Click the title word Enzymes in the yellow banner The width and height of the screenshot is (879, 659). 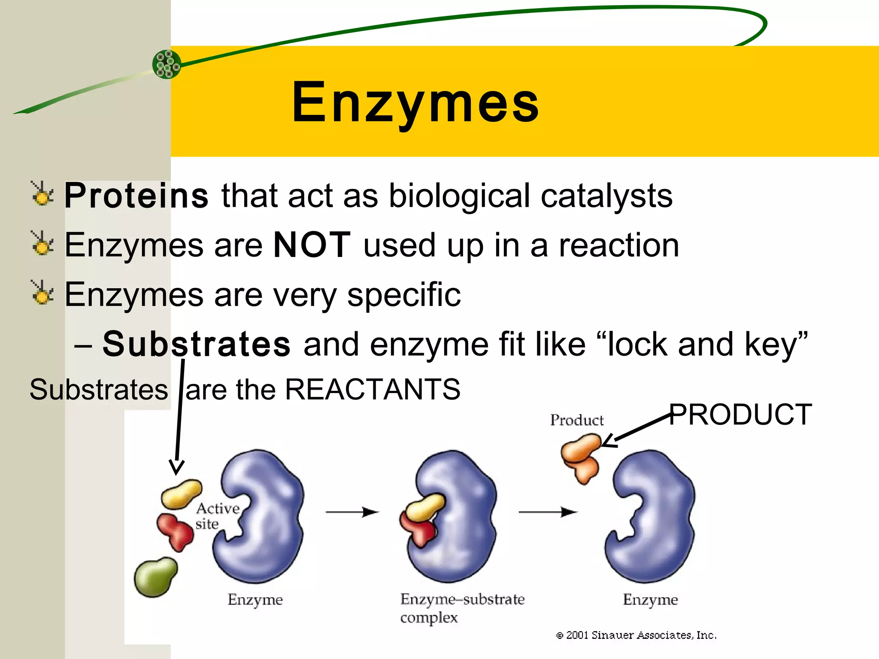pos(415,103)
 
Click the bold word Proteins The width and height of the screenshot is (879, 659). pos(136,196)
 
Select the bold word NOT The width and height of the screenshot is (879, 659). pos(312,245)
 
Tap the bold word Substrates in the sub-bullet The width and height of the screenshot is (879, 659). pos(197,344)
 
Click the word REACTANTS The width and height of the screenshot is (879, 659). pos(373,390)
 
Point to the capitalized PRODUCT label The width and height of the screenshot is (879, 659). pos(740,414)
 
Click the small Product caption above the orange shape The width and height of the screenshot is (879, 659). pos(576,420)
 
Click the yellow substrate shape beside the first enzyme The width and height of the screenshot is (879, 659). pos(181,494)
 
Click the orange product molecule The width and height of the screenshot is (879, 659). pos(581,457)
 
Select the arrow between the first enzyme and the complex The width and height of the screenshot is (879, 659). pos(352,512)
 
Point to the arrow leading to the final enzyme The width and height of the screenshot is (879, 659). pos(547,512)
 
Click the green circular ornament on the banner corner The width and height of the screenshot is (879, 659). pos(167,64)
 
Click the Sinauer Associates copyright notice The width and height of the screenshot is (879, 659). pos(636,635)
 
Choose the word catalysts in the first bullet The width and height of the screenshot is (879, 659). pos(606,196)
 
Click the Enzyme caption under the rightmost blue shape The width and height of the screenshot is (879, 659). pos(650,599)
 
